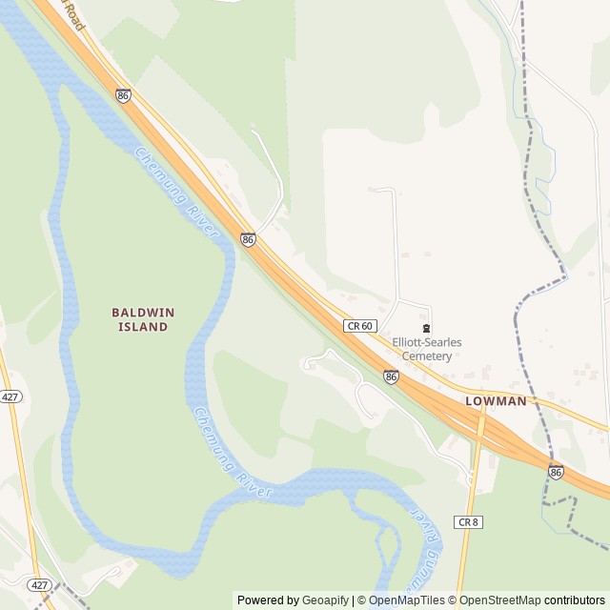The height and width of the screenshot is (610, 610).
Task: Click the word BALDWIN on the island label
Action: pyautogui.click(x=143, y=312)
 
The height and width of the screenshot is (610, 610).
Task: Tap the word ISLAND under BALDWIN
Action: pyautogui.click(x=143, y=327)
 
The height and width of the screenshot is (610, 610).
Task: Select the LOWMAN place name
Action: pyautogui.click(x=496, y=401)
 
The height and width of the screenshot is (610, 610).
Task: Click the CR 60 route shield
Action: pyautogui.click(x=358, y=325)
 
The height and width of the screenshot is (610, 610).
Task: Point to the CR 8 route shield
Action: pyautogui.click(x=466, y=521)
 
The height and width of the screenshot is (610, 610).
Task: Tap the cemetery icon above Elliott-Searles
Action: pyautogui.click(x=426, y=329)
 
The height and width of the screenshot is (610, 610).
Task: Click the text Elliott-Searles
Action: pyautogui.click(x=426, y=343)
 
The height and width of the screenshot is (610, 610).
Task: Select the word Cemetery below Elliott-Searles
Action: pyautogui.click(x=426, y=356)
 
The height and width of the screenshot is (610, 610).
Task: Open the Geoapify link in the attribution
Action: pyautogui.click(x=326, y=600)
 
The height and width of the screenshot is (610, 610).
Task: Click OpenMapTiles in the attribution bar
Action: pyautogui.click(x=407, y=600)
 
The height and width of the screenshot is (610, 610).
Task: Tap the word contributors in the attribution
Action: pyautogui.click(x=574, y=600)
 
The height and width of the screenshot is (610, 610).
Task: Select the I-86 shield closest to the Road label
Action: pyautogui.click(x=123, y=95)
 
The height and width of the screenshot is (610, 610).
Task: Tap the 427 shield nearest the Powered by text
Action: pyautogui.click(x=39, y=584)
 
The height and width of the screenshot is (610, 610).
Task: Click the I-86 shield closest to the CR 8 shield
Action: pyautogui.click(x=556, y=472)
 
